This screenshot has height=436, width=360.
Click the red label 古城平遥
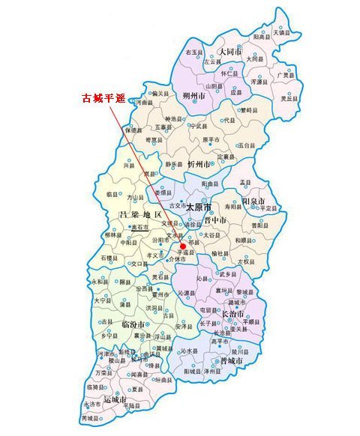(103, 97)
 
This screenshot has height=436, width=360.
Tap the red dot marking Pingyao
(184, 246)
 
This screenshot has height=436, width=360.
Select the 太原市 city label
(199, 206)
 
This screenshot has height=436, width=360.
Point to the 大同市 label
(229, 52)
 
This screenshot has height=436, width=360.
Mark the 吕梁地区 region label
(140, 216)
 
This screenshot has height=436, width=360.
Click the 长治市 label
(236, 314)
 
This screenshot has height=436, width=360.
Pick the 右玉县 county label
(194, 52)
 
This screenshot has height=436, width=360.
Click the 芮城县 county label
(91, 418)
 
